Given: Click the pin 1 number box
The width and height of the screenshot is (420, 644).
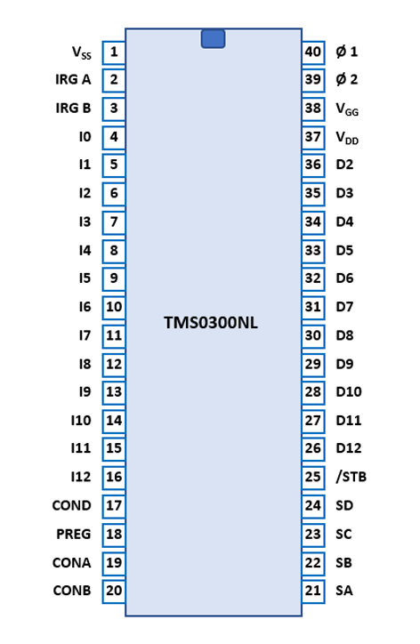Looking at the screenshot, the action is (x=114, y=52).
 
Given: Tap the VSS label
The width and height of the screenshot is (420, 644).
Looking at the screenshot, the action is (x=81, y=53).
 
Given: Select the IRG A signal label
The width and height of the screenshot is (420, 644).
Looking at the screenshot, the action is (x=73, y=79).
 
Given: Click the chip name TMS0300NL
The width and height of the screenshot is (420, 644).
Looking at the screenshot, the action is (x=211, y=323).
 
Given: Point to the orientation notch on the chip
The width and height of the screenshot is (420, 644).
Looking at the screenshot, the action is (x=213, y=39).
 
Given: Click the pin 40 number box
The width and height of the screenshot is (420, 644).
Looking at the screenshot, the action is (x=313, y=52).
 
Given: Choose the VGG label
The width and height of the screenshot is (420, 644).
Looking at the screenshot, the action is (x=347, y=109).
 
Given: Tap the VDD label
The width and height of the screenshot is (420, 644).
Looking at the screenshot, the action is (x=347, y=138).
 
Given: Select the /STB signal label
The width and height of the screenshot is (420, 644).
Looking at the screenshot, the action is (x=351, y=477).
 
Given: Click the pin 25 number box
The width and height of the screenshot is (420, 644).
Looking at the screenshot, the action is (x=313, y=478).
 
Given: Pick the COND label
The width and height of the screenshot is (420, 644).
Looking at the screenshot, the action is (x=71, y=505).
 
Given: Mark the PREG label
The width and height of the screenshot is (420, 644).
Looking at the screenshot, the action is (x=74, y=534).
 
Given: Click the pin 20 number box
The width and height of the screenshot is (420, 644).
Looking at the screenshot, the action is (x=114, y=591).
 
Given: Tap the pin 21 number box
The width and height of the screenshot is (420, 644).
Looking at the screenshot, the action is (x=313, y=591).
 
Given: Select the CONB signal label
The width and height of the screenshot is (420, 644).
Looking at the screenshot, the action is (x=72, y=591).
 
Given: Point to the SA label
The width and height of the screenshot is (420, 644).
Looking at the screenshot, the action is (x=344, y=591).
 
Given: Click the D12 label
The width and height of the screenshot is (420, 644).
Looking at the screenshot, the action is (x=349, y=448).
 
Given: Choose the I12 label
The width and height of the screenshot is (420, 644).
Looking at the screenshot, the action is (x=81, y=477).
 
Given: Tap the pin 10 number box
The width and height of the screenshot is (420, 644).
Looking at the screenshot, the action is (x=114, y=308).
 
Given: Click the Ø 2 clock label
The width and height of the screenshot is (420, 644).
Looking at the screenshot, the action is (x=347, y=79).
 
